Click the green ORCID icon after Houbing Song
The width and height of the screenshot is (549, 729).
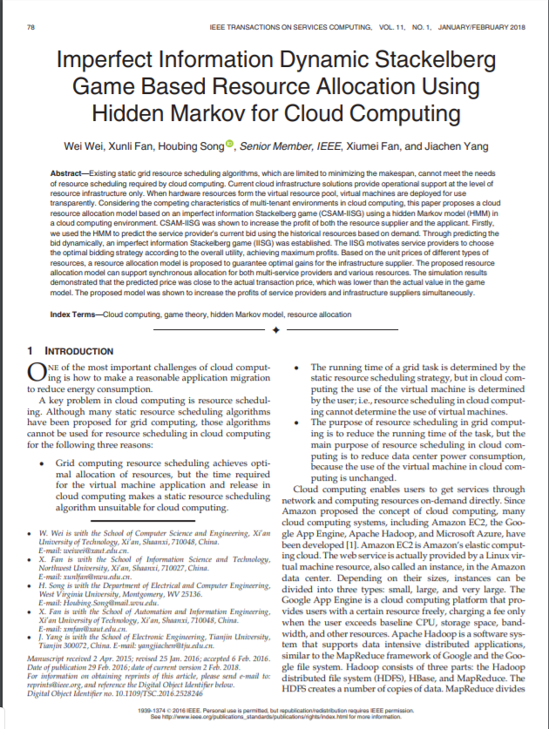click(x=230, y=145)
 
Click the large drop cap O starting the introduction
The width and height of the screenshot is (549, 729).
click(x=36, y=373)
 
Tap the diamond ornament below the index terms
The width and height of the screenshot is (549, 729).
click(x=275, y=331)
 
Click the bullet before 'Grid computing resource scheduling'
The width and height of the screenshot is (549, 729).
click(x=43, y=464)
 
